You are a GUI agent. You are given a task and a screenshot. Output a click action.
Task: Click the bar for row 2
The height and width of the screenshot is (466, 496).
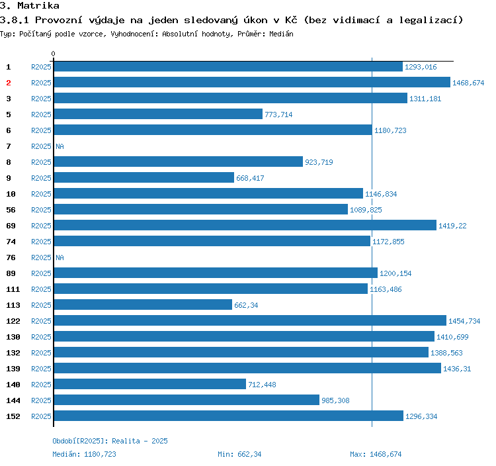click(251, 83)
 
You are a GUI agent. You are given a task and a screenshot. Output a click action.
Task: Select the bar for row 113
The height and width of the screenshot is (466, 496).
click(143, 305)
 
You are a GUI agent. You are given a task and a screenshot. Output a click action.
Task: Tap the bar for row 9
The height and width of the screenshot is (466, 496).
click(144, 178)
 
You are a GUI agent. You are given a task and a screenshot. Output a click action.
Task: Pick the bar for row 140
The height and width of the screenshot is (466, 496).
click(149, 385)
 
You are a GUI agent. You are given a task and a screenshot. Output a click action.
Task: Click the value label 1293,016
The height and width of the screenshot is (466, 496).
click(421, 67)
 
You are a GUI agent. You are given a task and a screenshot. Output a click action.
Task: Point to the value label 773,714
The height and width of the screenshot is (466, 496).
click(278, 115)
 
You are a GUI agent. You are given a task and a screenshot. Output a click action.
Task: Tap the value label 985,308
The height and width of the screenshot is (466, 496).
click(335, 400)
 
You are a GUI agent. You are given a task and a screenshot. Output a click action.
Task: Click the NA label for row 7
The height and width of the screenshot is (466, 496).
click(60, 146)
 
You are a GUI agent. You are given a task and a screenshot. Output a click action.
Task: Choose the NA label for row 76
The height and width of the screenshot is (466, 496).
click(60, 257)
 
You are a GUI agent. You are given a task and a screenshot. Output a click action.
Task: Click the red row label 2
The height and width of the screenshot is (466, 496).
click(9, 83)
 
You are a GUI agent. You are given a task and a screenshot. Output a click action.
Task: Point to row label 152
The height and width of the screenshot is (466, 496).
click(13, 416)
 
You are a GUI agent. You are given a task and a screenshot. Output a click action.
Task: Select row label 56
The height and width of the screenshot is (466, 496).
click(11, 210)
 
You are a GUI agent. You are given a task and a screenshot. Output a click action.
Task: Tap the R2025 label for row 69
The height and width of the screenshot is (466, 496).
click(41, 226)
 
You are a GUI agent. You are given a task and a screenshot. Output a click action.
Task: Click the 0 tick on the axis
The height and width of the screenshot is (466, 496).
click(54, 54)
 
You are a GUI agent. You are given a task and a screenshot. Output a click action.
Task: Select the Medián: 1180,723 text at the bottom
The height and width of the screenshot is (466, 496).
click(84, 454)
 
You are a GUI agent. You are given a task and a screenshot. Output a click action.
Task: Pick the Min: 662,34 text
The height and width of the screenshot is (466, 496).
click(239, 454)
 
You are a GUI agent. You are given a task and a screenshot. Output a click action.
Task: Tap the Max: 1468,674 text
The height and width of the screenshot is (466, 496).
click(376, 454)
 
